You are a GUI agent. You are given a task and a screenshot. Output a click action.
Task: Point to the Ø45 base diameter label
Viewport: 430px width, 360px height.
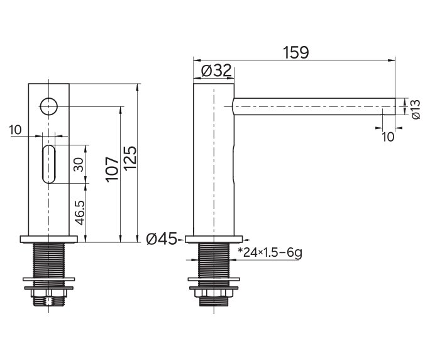162,239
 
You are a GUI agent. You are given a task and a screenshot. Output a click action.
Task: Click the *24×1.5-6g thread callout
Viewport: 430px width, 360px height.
270,253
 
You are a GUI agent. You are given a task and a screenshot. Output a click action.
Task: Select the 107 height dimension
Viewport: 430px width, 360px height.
112,170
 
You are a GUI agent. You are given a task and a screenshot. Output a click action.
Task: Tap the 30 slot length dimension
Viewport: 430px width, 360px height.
79,164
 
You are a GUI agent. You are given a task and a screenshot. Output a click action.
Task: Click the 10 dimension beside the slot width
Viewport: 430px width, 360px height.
16,130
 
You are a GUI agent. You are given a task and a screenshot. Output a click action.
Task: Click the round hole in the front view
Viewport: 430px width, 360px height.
48,106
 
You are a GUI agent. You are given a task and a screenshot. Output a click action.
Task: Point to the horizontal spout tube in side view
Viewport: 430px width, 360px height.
314,106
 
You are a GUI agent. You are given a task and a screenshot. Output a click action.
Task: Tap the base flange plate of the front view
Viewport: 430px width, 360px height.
48,238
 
